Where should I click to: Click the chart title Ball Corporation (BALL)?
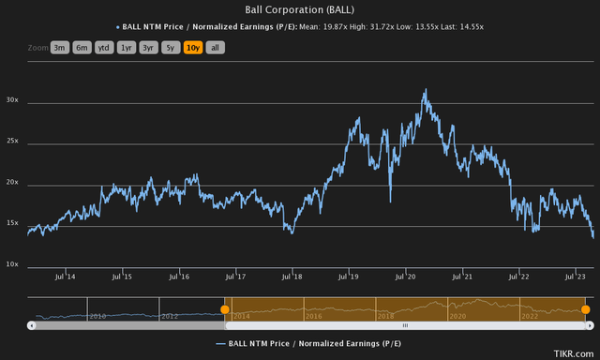(300, 9)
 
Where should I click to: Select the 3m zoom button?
(60, 46)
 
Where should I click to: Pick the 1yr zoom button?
(127, 46)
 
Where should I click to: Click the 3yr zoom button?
(148, 46)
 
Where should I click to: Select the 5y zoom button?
(171, 46)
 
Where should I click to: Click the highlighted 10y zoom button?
(194, 46)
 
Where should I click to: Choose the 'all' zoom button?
(215, 46)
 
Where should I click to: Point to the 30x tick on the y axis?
(14, 99)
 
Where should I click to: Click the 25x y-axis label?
(14, 142)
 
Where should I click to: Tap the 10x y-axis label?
(14, 265)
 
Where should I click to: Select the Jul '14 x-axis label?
(65, 277)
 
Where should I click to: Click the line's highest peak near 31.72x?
(426, 91)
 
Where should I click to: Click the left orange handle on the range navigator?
(224, 308)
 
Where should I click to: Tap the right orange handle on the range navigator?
(585, 308)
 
